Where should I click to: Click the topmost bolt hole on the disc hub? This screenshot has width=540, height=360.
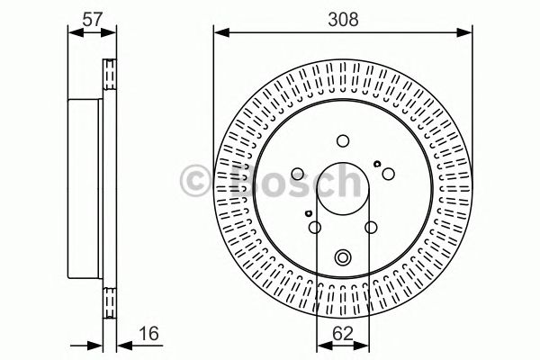[343, 139]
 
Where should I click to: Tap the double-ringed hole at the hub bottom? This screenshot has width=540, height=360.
[343, 258]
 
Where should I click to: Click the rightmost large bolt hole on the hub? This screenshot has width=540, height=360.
[388, 174]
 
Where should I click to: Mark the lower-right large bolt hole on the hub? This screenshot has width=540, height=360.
[372, 229]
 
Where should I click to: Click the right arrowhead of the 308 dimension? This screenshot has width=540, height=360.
[468, 33]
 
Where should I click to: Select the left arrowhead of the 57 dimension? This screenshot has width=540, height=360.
[75, 33]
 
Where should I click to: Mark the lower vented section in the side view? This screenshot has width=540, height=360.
[111, 301]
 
